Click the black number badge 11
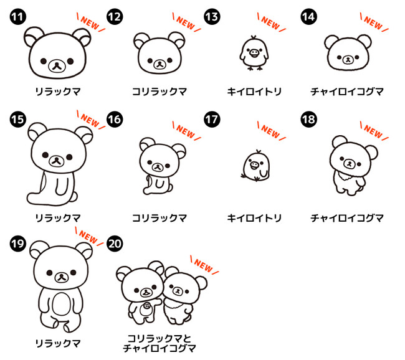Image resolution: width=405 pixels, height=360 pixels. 18,17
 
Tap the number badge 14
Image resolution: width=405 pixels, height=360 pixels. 309,17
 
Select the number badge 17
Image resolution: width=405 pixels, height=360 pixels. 212,120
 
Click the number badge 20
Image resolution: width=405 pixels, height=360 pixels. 115,244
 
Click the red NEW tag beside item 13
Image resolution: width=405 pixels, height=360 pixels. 271,22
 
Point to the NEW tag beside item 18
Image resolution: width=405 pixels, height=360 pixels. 374,131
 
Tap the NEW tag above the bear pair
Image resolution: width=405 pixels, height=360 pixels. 204,265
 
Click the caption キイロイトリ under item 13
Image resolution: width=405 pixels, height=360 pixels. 254,92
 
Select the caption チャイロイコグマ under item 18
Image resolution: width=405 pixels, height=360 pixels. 347,218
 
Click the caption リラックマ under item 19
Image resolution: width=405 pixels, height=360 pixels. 58,343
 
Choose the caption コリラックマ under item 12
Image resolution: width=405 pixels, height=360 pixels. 160,92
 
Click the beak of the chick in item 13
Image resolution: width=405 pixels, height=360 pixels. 254,53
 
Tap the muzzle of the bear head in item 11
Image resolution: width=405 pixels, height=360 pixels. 57,66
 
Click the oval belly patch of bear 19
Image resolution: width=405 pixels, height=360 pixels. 61,304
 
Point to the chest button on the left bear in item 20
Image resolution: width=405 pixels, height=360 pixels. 147,306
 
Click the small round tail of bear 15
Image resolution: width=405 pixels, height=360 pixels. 74,197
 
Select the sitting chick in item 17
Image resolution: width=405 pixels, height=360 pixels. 256,166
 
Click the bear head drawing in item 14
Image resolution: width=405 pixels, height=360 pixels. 348,53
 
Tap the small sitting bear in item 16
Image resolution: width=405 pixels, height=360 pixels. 162,166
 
